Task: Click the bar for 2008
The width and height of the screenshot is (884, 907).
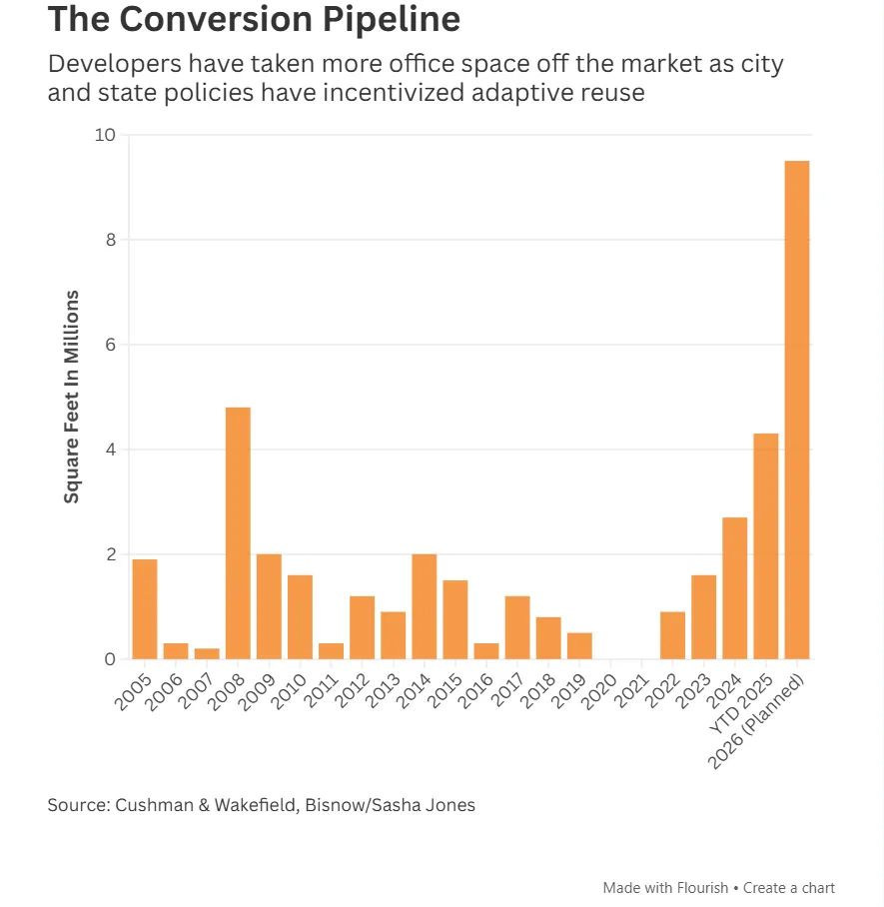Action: point(238,533)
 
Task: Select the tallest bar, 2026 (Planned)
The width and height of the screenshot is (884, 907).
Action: point(797,410)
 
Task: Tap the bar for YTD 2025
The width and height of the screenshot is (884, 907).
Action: point(766,546)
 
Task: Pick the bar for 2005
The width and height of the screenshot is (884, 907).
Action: point(145,609)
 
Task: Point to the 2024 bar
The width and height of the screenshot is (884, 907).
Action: point(735,588)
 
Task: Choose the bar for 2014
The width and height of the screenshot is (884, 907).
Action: point(425,606)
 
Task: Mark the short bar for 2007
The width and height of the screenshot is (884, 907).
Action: point(207,653)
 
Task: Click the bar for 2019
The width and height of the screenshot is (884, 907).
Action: point(579,645)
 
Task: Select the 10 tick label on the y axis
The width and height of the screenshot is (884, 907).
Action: point(105,135)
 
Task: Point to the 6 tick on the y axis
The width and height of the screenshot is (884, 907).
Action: point(110,345)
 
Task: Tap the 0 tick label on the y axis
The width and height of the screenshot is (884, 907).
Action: point(110,659)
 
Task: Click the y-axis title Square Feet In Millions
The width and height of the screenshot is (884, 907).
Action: point(72,397)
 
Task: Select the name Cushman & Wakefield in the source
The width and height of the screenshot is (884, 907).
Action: point(209,804)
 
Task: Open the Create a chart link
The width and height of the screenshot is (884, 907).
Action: point(789,887)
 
